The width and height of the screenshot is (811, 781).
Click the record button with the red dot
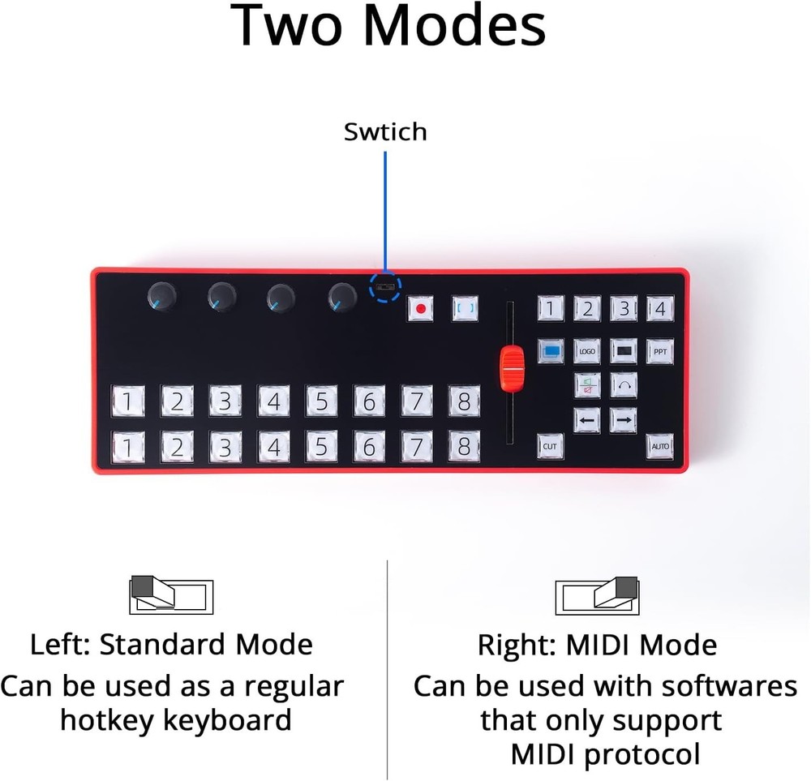click(x=420, y=309)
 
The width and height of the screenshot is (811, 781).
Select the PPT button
click(x=659, y=352)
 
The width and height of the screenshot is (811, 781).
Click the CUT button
click(x=550, y=445)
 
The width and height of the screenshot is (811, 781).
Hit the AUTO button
click(x=659, y=445)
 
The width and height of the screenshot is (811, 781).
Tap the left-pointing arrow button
click(x=586, y=420)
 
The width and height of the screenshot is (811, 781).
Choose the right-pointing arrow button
click(x=623, y=420)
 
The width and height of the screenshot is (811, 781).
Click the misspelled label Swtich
click(x=385, y=132)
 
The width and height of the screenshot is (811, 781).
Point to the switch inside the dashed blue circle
click(x=385, y=287)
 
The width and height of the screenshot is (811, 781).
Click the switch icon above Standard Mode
click(x=171, y=596)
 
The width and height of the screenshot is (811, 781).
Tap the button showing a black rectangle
click(x=623, y=352)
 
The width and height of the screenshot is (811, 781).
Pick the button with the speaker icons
click(x=586, y=386)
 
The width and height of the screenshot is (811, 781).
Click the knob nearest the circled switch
click(x=341, y=298)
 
